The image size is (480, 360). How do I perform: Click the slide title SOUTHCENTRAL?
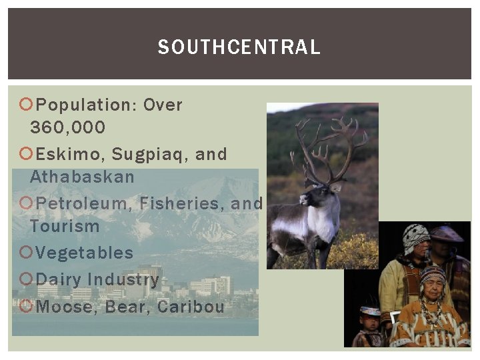[x=239, y=47]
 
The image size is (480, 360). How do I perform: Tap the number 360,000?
[x=67, y=127]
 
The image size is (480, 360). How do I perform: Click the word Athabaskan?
[x=82, y=177]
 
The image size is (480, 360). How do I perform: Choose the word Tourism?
[x=65, y=226]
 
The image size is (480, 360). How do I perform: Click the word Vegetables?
[x=84, y=253]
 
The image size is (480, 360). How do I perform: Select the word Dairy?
[x=58, y=279]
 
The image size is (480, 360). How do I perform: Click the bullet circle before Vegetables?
[x=26, y=253]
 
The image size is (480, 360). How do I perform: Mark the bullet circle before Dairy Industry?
[x=26, y=279]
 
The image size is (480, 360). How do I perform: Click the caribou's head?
[x=313, y=194]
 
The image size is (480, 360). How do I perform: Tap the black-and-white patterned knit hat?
[x=416, y=236]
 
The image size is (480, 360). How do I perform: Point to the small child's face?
[x=369, y=320]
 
